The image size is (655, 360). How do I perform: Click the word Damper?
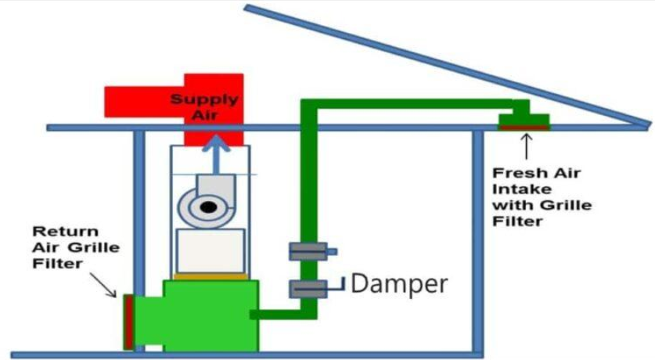click(399, 284)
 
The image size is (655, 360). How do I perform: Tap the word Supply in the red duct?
click(204, 99)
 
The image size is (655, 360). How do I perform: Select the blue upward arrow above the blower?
click(216, 153)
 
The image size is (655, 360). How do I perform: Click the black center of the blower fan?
click(208, 207)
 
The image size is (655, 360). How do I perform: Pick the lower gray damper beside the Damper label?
click(308, 289)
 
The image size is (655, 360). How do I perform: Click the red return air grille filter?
click(128, 322)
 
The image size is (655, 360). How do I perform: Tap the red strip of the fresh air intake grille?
click(524, 128)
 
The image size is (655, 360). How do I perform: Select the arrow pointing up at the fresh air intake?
click(527, 146)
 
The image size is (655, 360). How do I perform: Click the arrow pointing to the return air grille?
click(103, 285)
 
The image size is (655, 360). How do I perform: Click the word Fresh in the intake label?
click(516, 173)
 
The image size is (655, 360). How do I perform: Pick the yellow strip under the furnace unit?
click(211, 276)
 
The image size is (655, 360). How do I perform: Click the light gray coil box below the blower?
click(211, 250)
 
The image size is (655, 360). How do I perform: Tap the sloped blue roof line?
click(448, 65)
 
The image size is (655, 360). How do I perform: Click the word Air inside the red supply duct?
click(204, 115)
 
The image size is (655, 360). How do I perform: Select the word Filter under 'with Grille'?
click(517, 221)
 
